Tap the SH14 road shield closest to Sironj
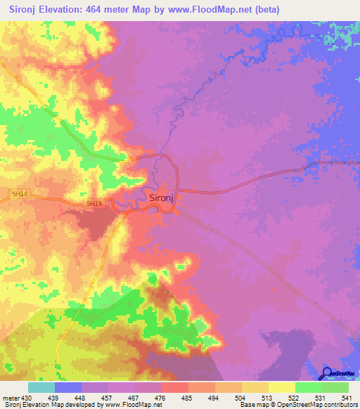tap(94, 204)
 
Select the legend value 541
tap(348, 397)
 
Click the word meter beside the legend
tap(11, 397)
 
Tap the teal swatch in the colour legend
tap(41, 387)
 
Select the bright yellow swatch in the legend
tap(282, 387)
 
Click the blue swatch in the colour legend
tap(68, 387)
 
